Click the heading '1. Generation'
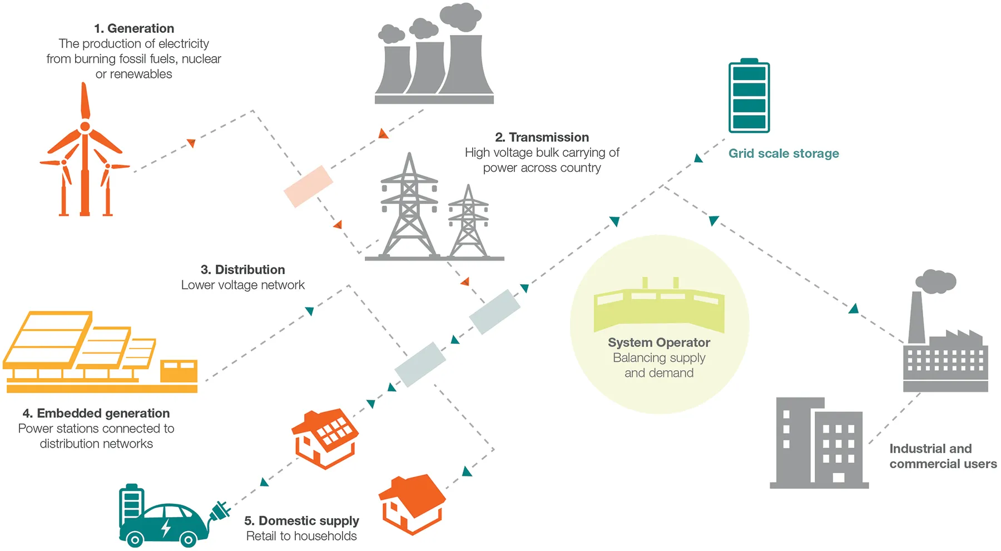click(133, 28)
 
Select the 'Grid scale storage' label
click(784, 153)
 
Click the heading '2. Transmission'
click(542, 137)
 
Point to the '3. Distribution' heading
click(242, 270)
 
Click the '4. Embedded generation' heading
click(96, 413)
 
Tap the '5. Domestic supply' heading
click(301, 521)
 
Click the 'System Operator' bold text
click(659, 342)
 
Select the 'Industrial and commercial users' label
click(943, 456)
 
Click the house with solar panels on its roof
click(325, 439)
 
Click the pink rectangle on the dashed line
click(308, 186)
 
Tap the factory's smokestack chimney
click(916, 317)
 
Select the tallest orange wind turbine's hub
click(85, 127)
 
